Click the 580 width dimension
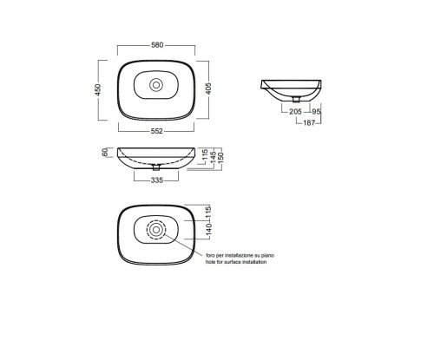coord(157,45)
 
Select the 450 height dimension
coord(98,89)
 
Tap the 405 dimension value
coord(208,88)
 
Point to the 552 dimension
coord(157,131)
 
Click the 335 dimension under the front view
coord(157,180)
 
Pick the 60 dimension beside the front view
coord(105,152)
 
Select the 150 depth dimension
coord(220,157)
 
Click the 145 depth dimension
coord(213,157)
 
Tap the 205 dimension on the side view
coord(295,111)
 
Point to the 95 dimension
coord(316,112)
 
